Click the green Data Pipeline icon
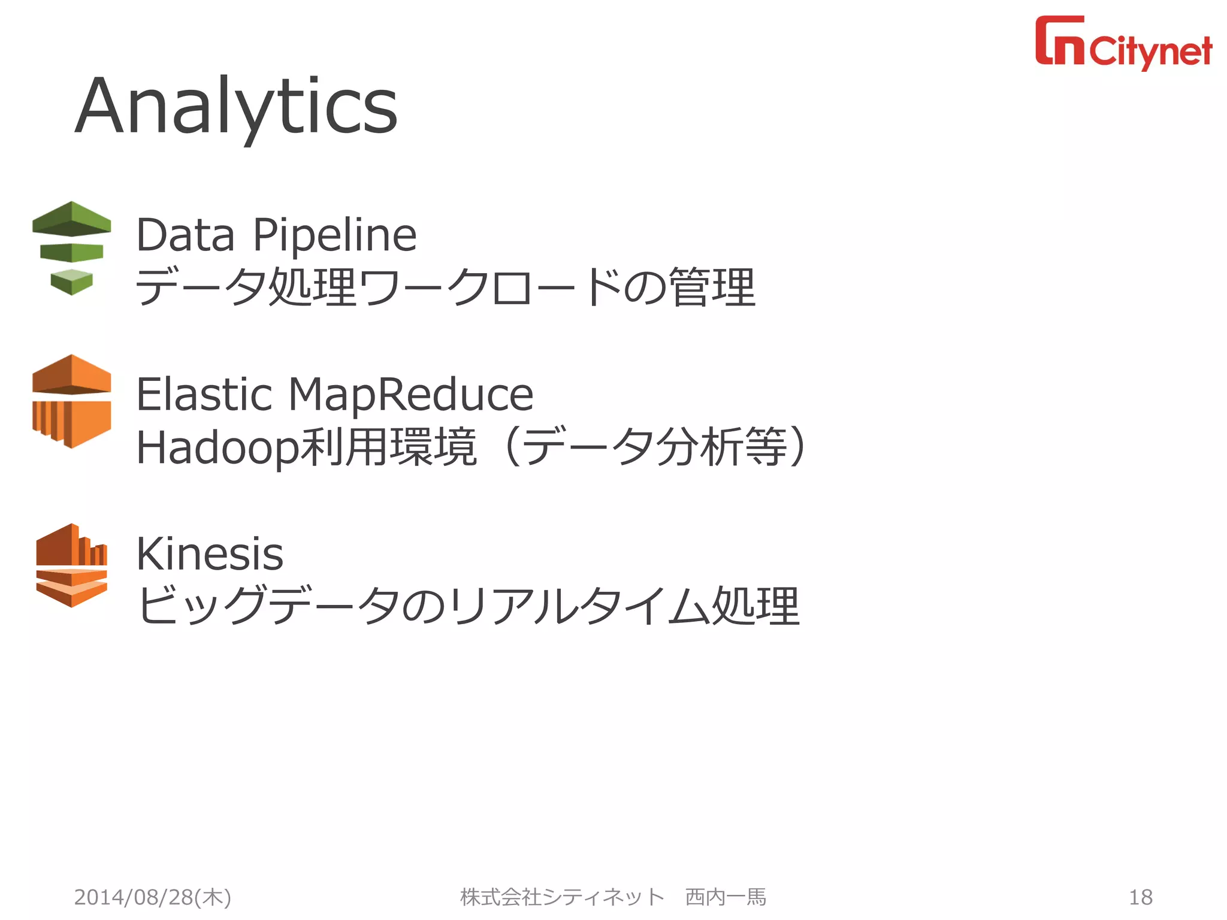click(x=71, y=247)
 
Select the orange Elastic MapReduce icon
click(x=71, y=401)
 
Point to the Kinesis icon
click(x=71, y=565)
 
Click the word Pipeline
click(x=334, y=235)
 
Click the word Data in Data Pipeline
click(x=185, y=235)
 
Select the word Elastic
click(x=204, y=395)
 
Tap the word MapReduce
click(x=411, y=395)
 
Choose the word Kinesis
click(x=210, y=554)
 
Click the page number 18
click(x=1140, y=897)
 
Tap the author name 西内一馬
click(x=726, y=897)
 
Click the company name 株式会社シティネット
click(x=562, y=897)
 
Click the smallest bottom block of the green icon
click(x=71, y=282)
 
